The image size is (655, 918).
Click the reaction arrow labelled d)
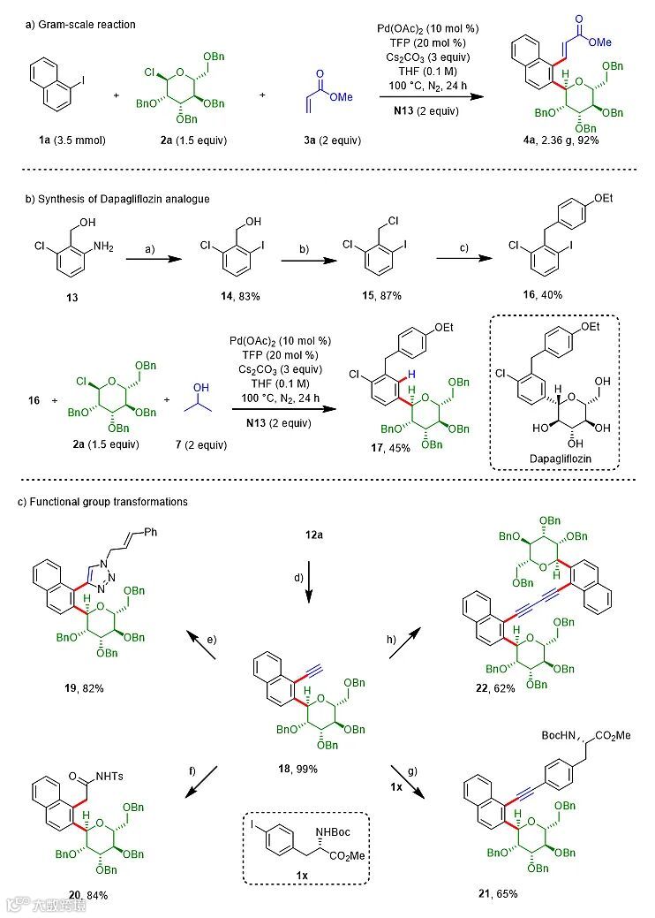pos(309,580)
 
